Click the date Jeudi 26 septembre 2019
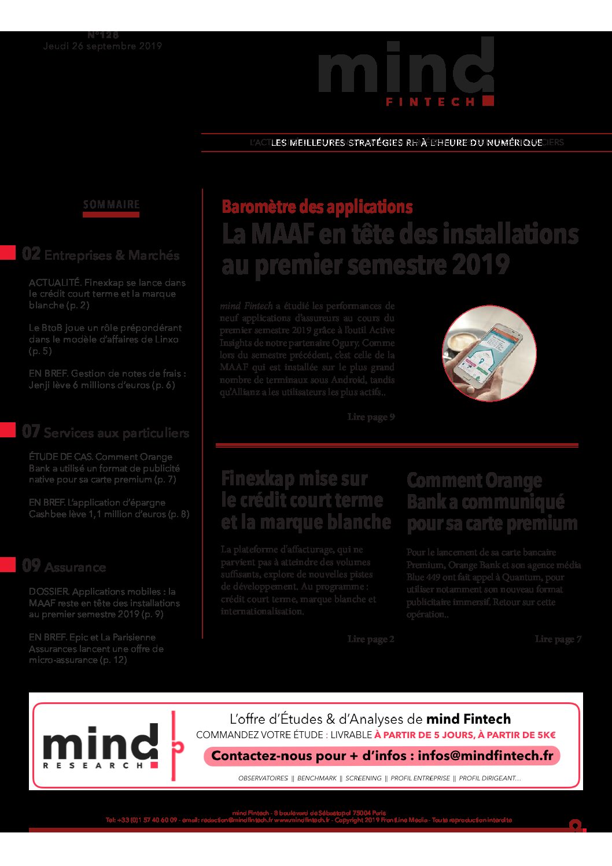pos(102,46)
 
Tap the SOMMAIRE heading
pos(111,205)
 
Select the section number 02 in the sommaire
pos(31,254)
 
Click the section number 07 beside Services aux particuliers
pos(31,432)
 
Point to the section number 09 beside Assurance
pos(31,566)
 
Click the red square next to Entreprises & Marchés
pos(8,253)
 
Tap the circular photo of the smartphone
pos(489,353)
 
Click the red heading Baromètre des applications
pos(317,207)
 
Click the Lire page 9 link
pos(371,417)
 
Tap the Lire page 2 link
pos(371,639)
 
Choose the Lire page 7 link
pos(558,639)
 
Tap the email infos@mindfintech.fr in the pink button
pos(485,756)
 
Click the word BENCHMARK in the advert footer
pos(316,779)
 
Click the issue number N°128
pos(103,35)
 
